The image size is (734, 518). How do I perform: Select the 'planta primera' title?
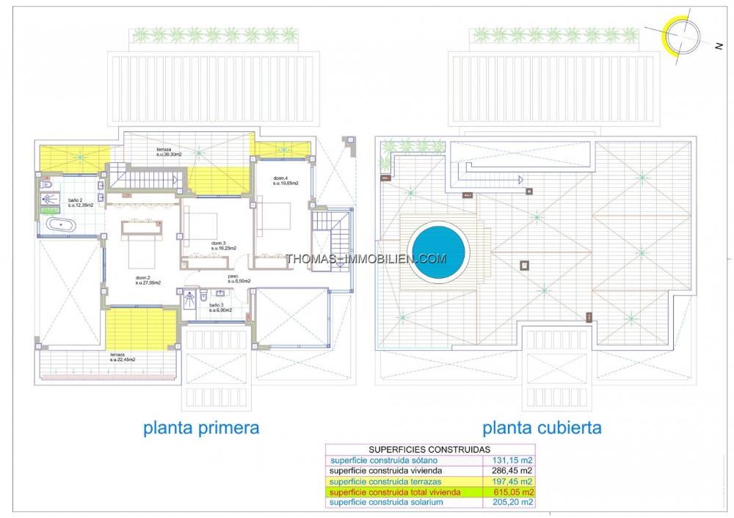coord(201,427)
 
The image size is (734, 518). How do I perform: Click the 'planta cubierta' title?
coord(542,427)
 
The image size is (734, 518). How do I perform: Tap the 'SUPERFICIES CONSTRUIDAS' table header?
coord(429,450)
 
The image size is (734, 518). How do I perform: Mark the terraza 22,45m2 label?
coord(124,357)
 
